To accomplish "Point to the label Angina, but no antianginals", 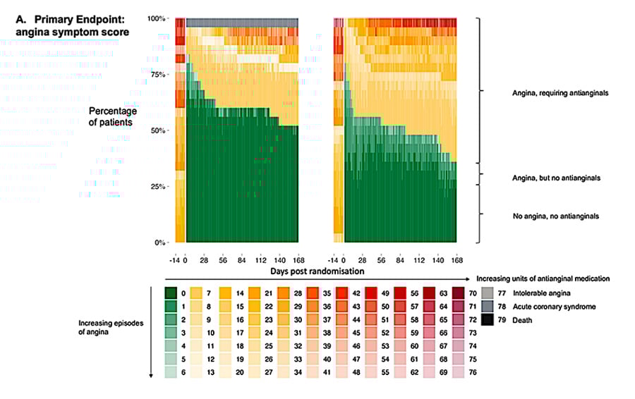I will point(556,178).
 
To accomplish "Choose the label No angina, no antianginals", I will point(556,216).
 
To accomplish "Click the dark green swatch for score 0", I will point(170,292).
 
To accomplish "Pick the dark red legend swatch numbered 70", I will point(458,292).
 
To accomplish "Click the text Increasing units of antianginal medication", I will point(550,278).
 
